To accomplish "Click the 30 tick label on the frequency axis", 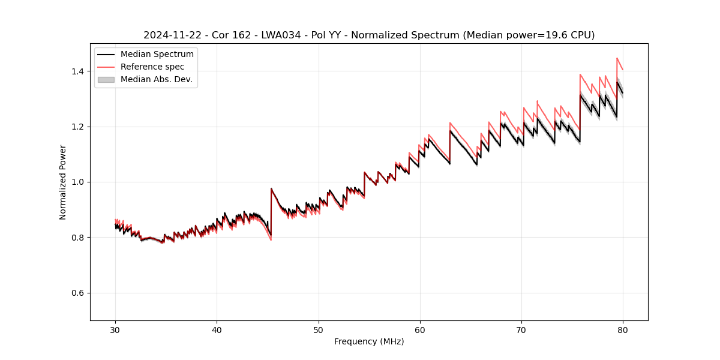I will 115,329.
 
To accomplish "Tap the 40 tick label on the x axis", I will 217,329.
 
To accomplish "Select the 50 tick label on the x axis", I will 319,329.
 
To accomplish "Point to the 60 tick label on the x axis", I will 420,329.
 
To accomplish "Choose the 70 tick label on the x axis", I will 521,329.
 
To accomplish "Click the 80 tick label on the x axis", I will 623,329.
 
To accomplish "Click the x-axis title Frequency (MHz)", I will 369,341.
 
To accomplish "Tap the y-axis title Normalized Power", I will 62,182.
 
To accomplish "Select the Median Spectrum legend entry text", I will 157,55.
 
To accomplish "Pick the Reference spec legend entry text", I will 152,67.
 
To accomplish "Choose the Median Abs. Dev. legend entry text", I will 157,79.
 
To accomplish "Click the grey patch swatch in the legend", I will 106,79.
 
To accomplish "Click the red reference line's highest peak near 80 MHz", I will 617,58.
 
